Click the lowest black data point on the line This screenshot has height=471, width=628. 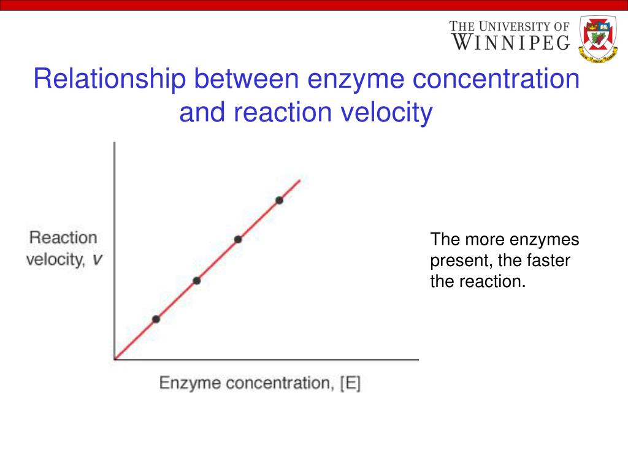(156, 319)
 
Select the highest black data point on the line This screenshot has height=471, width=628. (279, 200)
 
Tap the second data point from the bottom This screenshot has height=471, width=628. (197, 281)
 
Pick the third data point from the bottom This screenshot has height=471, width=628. (238, 239)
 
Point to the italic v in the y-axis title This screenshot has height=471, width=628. (97, 260)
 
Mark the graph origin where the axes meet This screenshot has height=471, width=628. (115, 359)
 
